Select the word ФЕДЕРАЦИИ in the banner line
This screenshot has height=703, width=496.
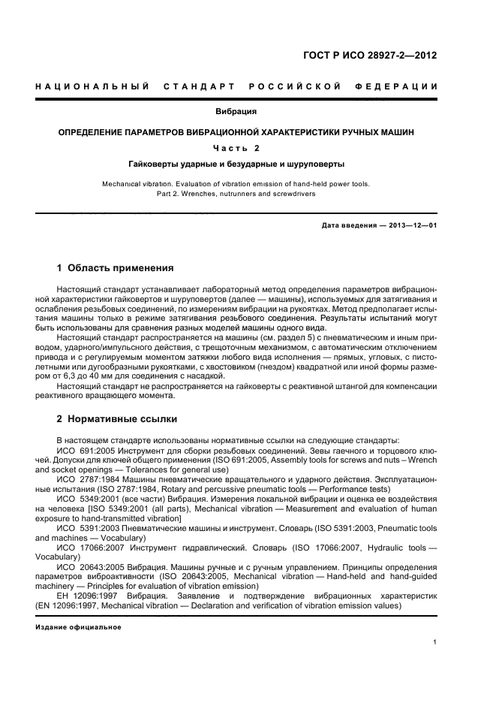(x=403, y=87)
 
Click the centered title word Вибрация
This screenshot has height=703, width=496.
(x=236, y=111)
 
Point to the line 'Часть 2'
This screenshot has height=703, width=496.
(x=236, y=147)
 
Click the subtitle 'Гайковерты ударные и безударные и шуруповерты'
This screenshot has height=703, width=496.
(x=236, y=162)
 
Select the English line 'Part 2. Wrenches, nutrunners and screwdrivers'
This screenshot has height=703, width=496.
(x=236, y=194)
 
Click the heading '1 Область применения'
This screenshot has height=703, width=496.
(x=116, y=267)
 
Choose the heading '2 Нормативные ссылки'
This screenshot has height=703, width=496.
(x=117, y=418)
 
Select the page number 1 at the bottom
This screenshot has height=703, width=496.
(x=435, y=642)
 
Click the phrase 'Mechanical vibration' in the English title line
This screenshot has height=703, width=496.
(x=136, y=183)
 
